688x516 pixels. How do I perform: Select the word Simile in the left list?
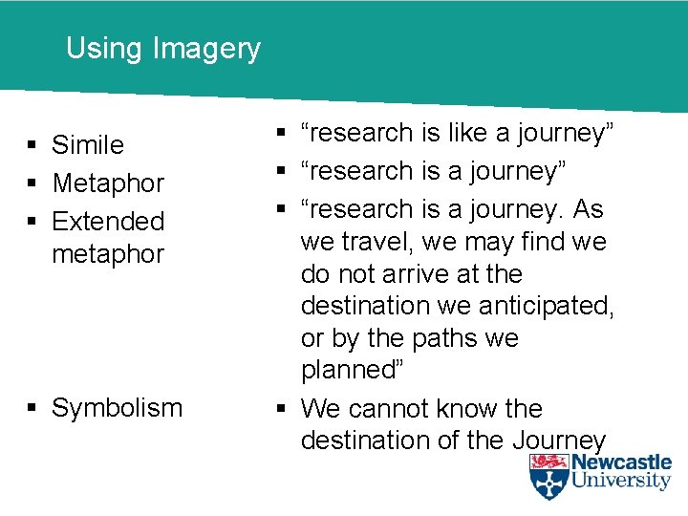pyautogui.click(x=88, y=145)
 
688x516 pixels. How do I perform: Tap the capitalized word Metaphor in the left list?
pyautogui.click(x=108, y=183)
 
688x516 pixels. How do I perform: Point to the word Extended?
pyautogui.click(x=108, y=221)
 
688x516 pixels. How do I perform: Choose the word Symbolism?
pyautogui.click(x=117, y=408)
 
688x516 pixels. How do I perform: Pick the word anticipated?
pyautogui.click(x=553, y=306)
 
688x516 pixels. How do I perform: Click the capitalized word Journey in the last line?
pyautogui.click(x=560, y=441)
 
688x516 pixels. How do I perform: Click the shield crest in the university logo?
pyautogui.click(x=548, y=476)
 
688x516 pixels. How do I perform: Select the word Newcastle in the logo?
pyautogui.click(x=621, y=463)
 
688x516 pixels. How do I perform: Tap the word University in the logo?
pyautogui.click(x=621, y=483)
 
